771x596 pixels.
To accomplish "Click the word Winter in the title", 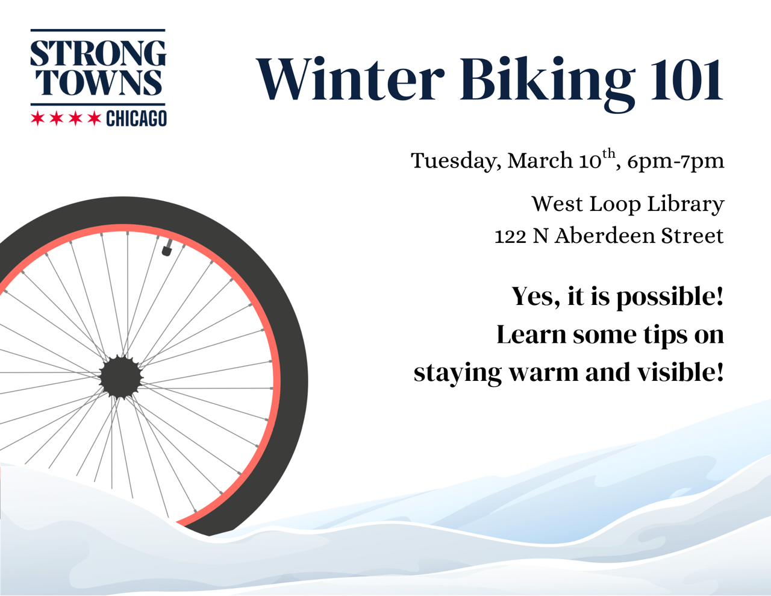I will [x=350, y=79].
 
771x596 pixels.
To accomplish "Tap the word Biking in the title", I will [x=547, y=82].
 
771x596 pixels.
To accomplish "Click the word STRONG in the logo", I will [x=98, y=54].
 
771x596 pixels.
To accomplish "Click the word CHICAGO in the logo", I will [x=136, y=119].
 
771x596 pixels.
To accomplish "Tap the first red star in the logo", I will [x=38, y=118].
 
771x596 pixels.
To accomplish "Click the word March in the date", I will [x=540, y=160].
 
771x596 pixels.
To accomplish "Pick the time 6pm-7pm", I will [x=675, y=161].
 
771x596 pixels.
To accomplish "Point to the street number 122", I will [x=510, y=236].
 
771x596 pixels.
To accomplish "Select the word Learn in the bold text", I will [x=531, y=335].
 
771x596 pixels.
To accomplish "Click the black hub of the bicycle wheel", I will [x=121, y=377].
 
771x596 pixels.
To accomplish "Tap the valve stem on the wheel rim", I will [x=167, y=247].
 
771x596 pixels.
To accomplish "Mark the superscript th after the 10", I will [x=609, y=153].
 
